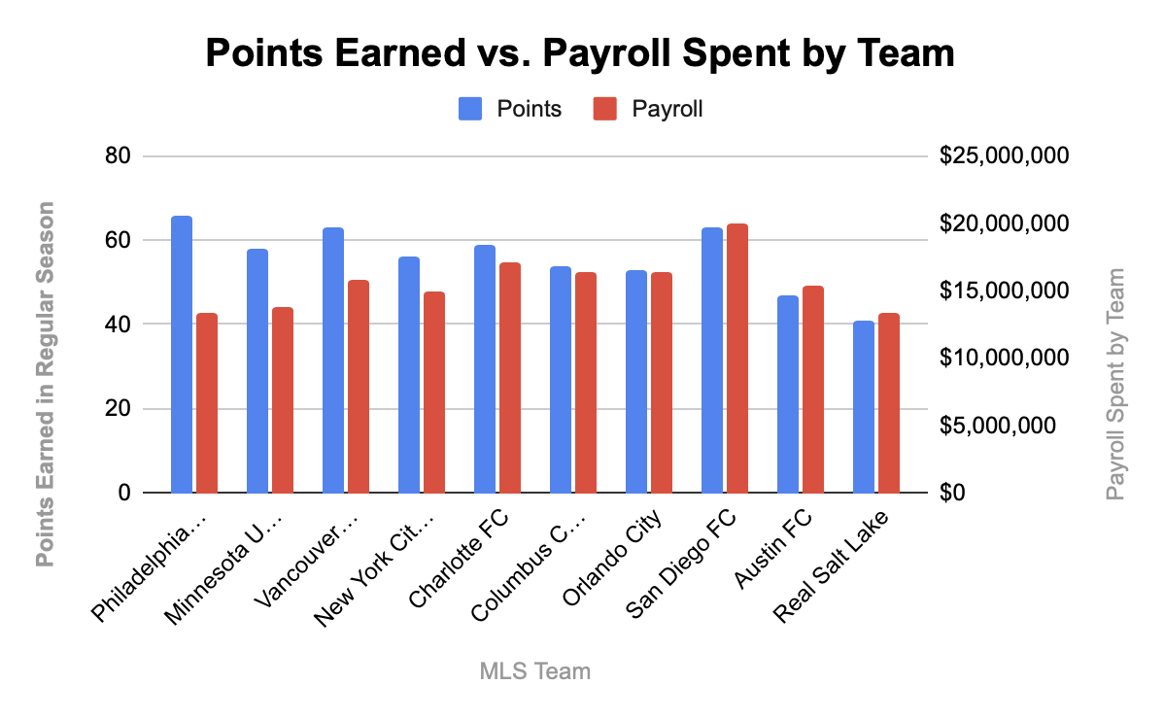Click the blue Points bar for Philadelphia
(x=182, y=355)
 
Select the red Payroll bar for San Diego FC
(x=737, y=359)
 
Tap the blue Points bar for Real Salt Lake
(x=864, y=407)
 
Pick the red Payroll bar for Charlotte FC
(x=510, y=378)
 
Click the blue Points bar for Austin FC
(x=788, y=394)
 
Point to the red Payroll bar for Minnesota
(x=283, y=400)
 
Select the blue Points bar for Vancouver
(x=333, y=360)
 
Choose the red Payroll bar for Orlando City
(x=662, y=383)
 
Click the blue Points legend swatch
(x=470, y=109)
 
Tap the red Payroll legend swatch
(x=605, y=109)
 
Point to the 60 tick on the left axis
(x=118, y=240)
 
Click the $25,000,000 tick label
(x=1004, y=155)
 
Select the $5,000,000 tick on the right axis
(x=997, y=426)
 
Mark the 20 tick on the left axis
(x=118, y=409)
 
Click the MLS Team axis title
(x=535, y=671)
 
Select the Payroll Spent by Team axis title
(x=1115, y=385)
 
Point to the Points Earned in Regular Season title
(x=46, y=385)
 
